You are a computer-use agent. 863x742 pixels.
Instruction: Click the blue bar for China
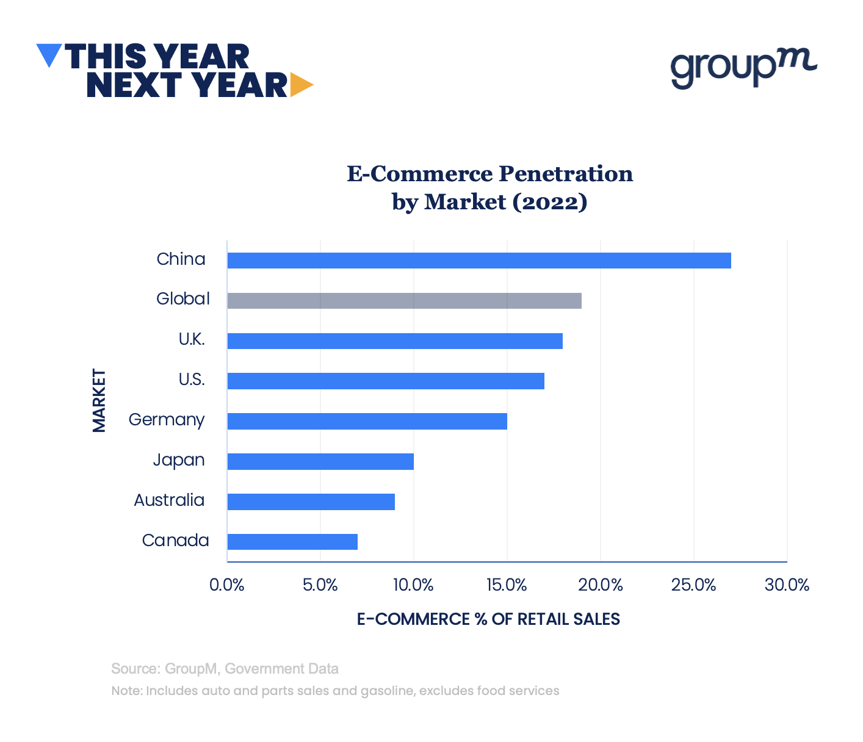tap(479, 261)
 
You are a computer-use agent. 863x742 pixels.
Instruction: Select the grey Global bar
tap(404, 301)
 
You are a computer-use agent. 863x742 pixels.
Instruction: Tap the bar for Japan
tap(320, 461)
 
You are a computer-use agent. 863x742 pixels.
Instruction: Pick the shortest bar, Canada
tap(292, 542)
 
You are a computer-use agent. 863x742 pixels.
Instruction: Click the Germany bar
tap(367, 421)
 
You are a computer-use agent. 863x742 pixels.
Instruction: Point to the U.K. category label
tap(192, 340)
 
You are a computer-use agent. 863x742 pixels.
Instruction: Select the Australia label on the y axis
tap(169, 500)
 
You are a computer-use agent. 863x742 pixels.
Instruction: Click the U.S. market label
tap(192, 380)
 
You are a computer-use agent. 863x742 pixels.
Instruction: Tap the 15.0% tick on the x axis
tap(507, 585)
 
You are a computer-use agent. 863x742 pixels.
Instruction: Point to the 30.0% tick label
tap(787, 585)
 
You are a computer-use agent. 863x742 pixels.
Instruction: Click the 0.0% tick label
tap(227, 585)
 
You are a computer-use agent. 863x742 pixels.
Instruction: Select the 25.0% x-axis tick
tap(693, 585)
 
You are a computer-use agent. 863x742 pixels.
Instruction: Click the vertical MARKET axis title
tap(99, 400)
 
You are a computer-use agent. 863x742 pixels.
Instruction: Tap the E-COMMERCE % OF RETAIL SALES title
tap(488, 619)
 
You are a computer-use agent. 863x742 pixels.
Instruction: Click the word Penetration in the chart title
tap(566, 174)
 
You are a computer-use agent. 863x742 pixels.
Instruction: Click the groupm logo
tap(743, 67)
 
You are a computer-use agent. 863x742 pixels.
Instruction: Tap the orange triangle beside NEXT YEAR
tap(300, 85)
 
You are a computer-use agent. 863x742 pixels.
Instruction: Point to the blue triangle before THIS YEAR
tap(49, 54)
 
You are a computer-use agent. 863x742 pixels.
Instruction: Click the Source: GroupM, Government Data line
tap(225, 669)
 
